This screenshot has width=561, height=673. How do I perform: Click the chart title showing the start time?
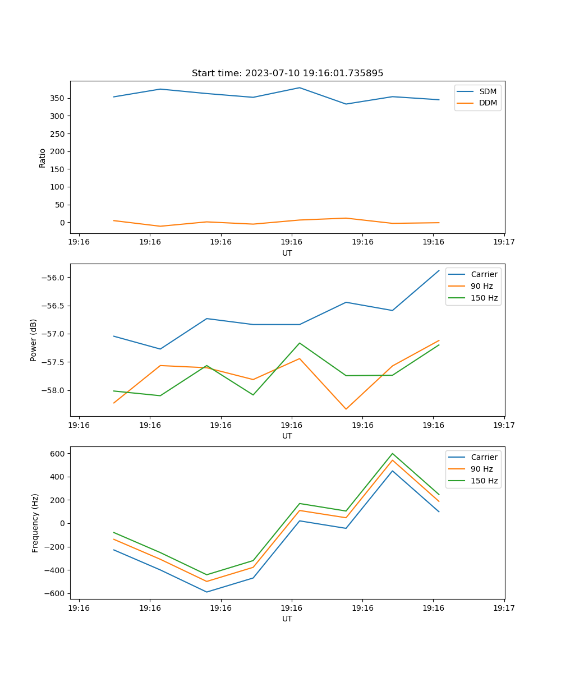[287, 73]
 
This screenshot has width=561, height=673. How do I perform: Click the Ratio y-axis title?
[43, 158]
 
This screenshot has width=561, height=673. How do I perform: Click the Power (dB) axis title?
[34, 340]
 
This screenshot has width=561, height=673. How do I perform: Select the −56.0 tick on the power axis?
[53, 278]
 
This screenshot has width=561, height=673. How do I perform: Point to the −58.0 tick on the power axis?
[53, 390]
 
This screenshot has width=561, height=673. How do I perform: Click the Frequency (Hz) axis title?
[35, 523]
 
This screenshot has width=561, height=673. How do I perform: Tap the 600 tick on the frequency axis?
[58, 454]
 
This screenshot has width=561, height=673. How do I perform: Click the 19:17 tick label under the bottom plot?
[504, 607]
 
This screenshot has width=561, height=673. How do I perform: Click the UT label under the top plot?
[287, 253]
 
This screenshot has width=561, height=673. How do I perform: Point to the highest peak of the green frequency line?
[393, 454]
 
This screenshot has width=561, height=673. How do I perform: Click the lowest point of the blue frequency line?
[206, 592]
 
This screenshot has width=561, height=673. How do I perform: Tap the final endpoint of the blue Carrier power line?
[439, 270]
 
